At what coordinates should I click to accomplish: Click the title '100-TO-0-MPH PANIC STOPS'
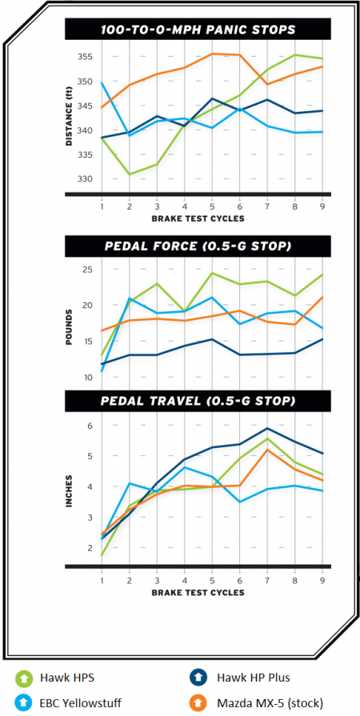(198, 30)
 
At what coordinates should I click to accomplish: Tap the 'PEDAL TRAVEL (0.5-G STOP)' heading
(198, 398)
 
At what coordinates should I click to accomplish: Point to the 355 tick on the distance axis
(85, 57)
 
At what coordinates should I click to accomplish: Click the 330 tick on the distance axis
(85, 178)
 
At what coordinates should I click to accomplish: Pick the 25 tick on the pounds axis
(87, 270)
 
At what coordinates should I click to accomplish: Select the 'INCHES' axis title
(70, 487)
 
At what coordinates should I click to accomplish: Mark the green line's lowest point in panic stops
(129, 174)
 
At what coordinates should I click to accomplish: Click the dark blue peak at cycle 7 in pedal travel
(267, 428)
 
